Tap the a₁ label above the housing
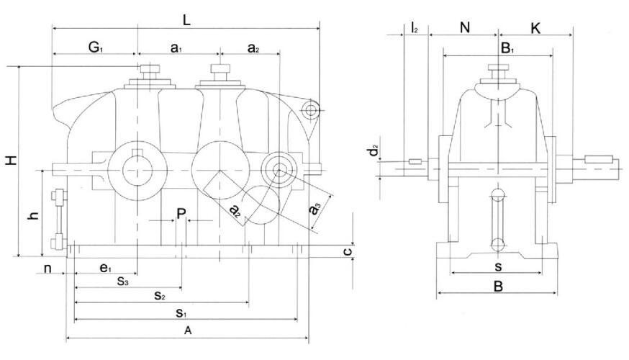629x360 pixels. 177,48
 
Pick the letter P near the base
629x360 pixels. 181,213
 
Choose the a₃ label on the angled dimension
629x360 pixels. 314,211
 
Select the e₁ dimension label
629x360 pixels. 106,269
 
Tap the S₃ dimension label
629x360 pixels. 123,282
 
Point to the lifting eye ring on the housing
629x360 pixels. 310,109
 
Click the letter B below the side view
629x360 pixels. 497,286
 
